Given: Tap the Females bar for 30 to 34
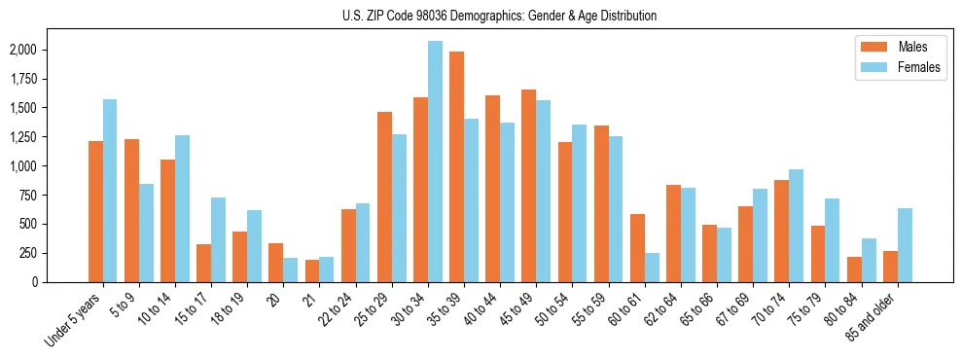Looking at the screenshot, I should [435, 162].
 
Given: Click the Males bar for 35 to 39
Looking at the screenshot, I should [456, 166].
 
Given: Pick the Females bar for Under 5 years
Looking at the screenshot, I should [110, 191].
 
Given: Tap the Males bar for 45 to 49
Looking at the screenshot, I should [528, 186].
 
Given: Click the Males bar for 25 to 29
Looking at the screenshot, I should [384, 197].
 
